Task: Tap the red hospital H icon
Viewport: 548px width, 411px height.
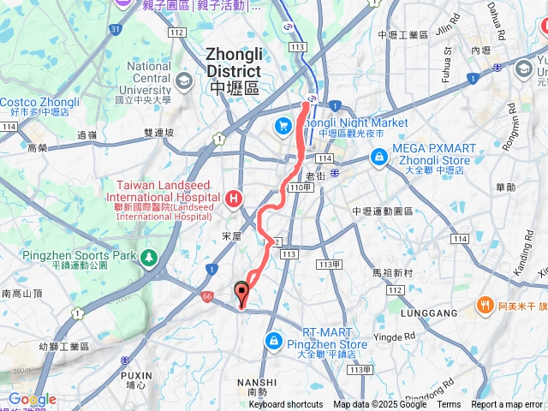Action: point(234,200)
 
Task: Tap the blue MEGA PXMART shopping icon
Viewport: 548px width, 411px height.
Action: point(378,157)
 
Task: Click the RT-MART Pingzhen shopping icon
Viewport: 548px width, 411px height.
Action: point(273,340)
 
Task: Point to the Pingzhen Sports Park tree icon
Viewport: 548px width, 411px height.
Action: point(149,256)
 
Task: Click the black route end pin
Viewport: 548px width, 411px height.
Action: point(242,293)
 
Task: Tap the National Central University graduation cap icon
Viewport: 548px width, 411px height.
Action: point(183,80)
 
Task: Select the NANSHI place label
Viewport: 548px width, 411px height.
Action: point(257,383)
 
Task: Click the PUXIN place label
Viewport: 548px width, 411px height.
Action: point(136,375)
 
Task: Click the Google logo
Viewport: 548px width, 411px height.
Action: point(32,400)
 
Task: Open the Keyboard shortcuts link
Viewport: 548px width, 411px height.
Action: point(286,405)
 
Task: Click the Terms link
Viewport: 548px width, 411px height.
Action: point(449,405)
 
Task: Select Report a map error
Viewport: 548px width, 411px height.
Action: point(507,405)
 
